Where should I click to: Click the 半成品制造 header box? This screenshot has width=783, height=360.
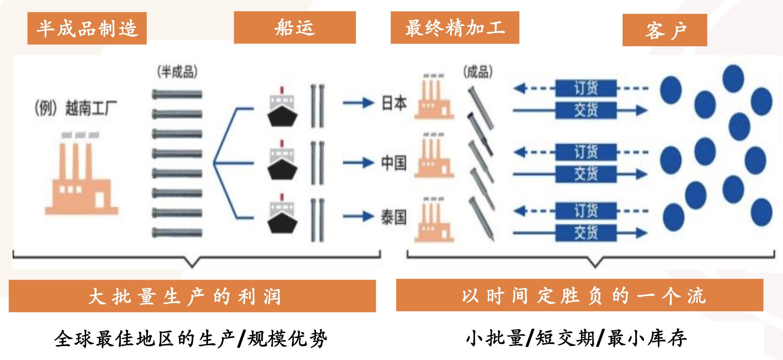[x=87, y=29]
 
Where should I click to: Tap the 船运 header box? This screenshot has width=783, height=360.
[x=295, y=28]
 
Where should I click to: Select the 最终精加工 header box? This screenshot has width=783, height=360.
[x=455, y=28]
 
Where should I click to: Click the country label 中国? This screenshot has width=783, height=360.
[x=394, y=163]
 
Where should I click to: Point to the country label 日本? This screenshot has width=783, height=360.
[x=394, y=103]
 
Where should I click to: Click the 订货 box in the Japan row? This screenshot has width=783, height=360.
[x=586, y=89]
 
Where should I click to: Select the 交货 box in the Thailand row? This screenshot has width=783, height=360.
[x=586, y=233]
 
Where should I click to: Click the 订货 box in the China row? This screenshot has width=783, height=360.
[x=586, y=152]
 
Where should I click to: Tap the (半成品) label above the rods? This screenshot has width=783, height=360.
[x=177, y=72]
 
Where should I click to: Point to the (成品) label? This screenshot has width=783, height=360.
[x=478, y=72]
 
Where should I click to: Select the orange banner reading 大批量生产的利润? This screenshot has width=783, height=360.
[x=192, y=296]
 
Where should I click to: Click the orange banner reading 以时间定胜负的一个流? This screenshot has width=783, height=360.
[x=579, y=296]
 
